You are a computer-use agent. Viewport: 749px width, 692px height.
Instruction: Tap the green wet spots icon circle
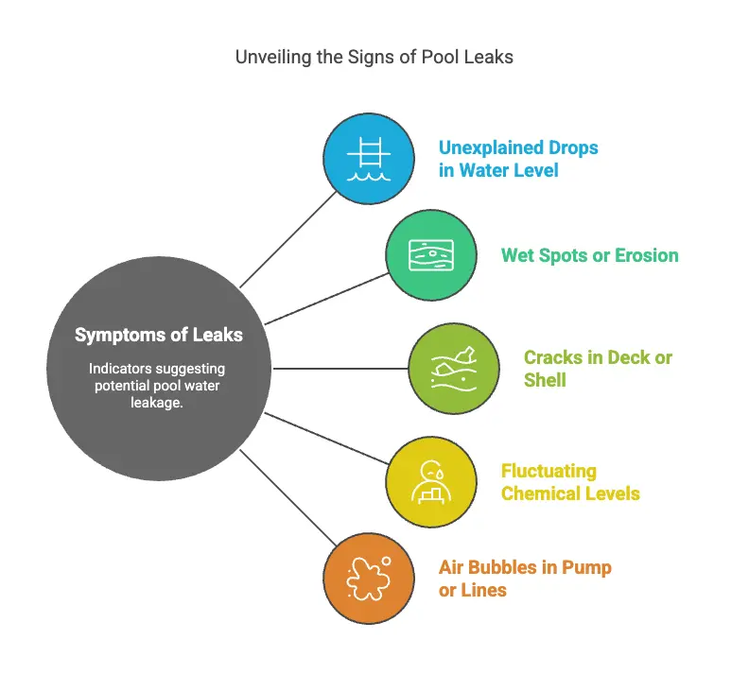[x=430, y=255]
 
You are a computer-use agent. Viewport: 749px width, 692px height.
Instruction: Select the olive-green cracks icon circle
[x=453, y=368]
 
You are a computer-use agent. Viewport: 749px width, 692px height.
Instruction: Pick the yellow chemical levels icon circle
[x=430, y=482]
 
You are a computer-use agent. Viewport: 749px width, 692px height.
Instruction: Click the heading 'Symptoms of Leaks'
[x=159, y=335]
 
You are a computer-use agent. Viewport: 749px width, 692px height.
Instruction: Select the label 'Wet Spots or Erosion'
[x=589, y=255]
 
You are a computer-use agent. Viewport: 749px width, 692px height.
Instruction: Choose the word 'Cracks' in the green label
[x=553, y=357]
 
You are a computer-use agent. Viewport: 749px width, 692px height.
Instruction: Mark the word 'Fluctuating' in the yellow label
[x=549, y=471]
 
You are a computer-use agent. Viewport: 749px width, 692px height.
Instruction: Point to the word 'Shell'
[x=545, y=380]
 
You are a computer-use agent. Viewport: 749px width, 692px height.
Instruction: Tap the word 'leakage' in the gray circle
[x=159, y=403]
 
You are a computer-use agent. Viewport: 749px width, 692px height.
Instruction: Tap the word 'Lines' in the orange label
[x=484, y=590]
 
